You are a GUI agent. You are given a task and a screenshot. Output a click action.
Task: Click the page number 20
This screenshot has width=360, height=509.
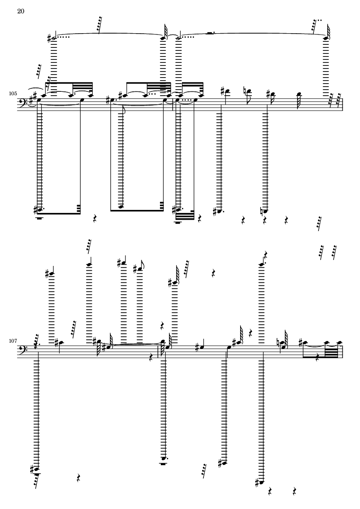tap(21, 11)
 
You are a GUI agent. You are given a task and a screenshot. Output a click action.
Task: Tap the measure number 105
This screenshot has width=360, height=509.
tap(13, 94)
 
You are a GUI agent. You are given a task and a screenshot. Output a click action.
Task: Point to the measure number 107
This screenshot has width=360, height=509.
tap(13, 341)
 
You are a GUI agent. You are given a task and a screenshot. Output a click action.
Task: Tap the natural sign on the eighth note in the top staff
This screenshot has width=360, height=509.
tap(244, 91)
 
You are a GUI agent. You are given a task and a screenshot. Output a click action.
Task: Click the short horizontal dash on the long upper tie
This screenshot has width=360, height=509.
tap(210, 33)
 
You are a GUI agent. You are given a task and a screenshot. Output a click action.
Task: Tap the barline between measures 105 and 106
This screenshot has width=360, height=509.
tap(173, 105)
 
